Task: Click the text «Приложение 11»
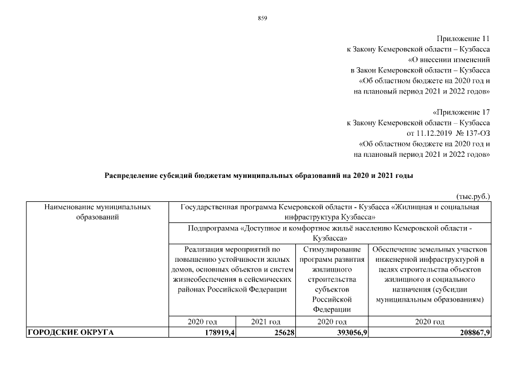[x=463, y=39]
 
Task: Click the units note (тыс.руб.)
[x=474, y=196]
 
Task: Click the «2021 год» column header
[x=266, y=322]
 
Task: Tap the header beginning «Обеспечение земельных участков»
[x=430, y=274]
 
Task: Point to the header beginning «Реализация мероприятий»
[x=232, y=269]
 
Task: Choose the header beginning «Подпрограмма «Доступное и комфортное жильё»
[x=330, y=234]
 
